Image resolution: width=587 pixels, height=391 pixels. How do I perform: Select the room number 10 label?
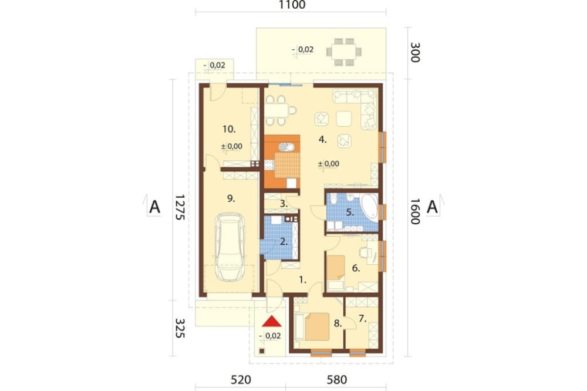click(229, 129)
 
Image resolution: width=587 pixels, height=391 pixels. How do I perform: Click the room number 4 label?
click(323, 140)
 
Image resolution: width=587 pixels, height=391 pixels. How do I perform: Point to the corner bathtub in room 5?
click(369, 207)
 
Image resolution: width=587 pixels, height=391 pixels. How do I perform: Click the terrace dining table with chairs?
click(343, 52)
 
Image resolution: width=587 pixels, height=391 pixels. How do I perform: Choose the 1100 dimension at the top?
click(292, 5)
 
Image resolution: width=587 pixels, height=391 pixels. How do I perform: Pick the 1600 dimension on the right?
click(414, 211)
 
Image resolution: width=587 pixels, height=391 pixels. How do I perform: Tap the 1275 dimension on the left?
click(180, 207)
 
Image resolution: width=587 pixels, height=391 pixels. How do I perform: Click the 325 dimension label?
click(180, 328)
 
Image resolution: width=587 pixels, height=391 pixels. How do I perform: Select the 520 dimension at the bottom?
click(241, 380)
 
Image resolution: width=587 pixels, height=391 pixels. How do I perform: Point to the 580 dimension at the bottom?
click(337, 380)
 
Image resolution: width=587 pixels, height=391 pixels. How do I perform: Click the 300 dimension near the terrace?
click(415, 52)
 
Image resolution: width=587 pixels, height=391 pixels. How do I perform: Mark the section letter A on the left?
click(154, 207)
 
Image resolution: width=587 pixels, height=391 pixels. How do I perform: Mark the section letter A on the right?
click(433, 207)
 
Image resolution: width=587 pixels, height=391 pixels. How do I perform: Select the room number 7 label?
click(362, 318)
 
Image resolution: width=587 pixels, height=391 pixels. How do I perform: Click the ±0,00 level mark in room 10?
click(232, 146)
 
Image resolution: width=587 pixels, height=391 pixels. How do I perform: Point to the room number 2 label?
click(284, 241)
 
